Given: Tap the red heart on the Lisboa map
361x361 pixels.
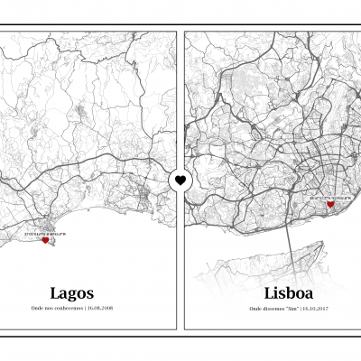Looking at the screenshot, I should click(330, 205).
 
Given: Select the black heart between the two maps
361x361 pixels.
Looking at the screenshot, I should click(180, 180).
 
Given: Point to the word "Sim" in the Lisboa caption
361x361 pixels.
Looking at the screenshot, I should click(292, 309).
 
